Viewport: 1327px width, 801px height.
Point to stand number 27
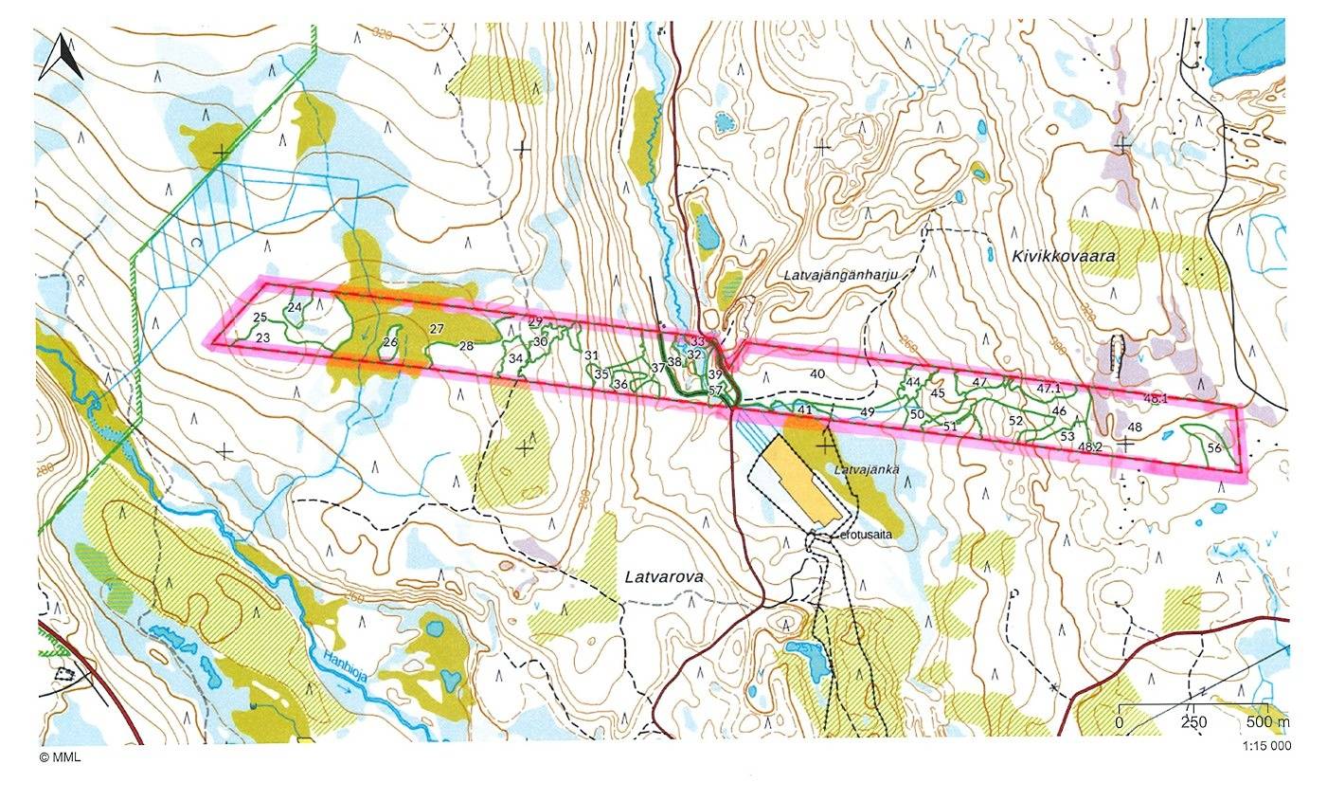click(x=437, y=329)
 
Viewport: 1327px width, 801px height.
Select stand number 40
click(x=817, y=373)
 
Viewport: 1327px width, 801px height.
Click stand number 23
click(x=263, y=337)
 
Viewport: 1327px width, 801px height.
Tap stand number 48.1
click(x=1156, y=398)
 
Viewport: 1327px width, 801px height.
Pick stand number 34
click(x=515, y=358)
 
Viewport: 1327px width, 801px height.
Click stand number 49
click(x=867, y=411)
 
